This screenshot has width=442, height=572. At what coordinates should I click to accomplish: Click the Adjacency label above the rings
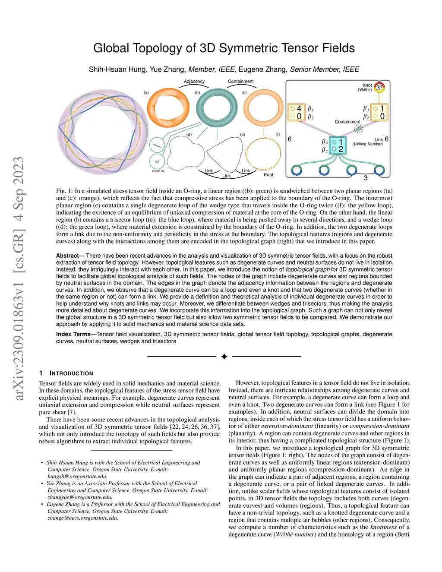[194, 81]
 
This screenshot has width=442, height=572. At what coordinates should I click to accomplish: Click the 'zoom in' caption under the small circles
[158, 171]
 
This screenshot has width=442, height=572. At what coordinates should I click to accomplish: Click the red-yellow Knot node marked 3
[379, 88]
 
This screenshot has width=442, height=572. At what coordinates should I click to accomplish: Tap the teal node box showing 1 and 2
[338, 145]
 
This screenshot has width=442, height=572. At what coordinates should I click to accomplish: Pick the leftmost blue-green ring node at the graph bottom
[297, 170]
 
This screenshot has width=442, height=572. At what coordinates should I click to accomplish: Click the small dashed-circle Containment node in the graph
[358, 129]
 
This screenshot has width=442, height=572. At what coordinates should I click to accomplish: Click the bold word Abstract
[67, 256]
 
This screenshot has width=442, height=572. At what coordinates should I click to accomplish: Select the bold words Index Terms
[73, 334]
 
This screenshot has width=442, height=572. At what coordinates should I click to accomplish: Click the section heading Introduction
[71, 373]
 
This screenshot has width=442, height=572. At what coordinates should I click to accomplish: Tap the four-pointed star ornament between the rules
[224, 357]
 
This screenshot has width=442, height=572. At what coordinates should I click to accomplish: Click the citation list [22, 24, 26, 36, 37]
[195, 427]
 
